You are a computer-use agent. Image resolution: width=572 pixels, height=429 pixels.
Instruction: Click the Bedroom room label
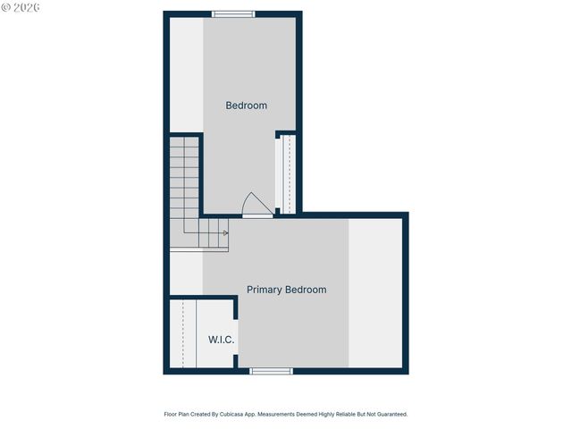coord(246,105)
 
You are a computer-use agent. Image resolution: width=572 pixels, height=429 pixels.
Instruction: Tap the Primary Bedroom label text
coord(286,290)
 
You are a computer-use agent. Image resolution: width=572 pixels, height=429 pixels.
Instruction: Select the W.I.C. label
coord(222,340)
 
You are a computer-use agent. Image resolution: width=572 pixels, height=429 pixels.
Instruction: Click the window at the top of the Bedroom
coord(233,13)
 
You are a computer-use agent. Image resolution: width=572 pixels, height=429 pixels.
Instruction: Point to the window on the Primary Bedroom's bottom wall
coord(271,371)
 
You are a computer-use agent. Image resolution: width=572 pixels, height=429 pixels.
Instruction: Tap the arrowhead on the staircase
coord(226,233)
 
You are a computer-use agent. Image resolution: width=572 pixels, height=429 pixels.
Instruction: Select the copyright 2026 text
coord(21,7)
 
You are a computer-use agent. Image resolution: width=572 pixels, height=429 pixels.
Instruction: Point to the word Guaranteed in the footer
coord(389,415)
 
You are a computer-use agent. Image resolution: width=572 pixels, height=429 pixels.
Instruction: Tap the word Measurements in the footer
coord(308,415)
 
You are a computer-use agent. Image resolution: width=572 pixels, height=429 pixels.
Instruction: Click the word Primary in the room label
coord(265,290)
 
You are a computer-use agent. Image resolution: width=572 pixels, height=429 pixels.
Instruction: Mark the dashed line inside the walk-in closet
coord(184,334)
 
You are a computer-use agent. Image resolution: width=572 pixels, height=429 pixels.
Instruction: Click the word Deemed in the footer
coord(334,415)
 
